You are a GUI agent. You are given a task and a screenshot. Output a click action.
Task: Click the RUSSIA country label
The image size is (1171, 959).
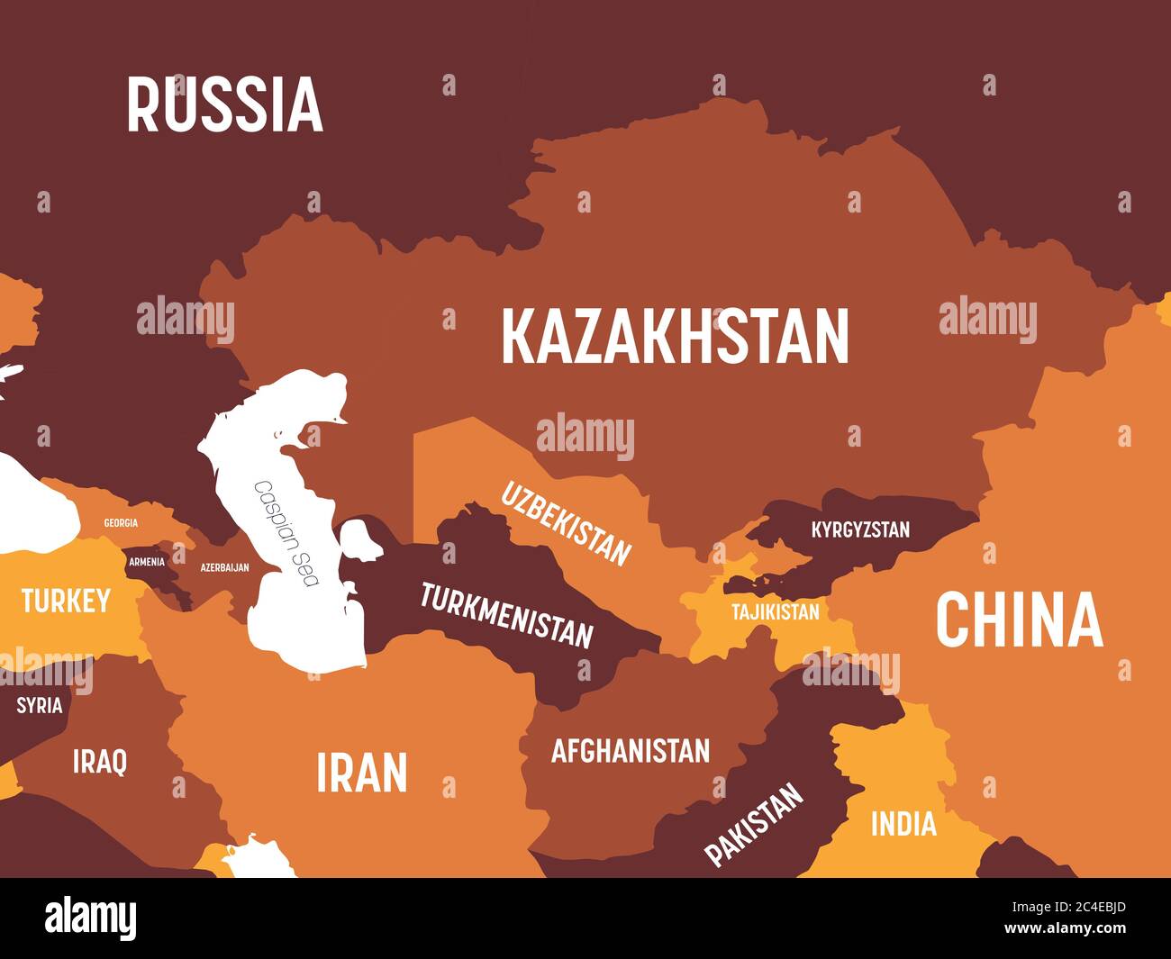pos(224,104)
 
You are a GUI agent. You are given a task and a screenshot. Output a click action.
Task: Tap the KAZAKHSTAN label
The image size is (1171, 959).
pos(675,336)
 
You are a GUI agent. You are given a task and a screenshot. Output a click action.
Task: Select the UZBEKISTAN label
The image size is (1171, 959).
pos(566,523)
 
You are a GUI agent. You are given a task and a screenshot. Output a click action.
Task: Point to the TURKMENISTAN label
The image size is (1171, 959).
pos(507,616)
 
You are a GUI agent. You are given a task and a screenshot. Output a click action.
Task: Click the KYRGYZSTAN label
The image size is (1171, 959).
pos(860,529)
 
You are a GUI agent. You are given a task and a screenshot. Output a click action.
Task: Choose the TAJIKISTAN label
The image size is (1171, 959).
pos(776,612)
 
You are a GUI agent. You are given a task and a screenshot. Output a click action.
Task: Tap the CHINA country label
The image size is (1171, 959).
pos(1019,620)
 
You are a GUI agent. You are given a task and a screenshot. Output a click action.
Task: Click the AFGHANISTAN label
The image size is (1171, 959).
pos(631,750)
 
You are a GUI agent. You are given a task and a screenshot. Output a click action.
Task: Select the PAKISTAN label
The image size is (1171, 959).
pos(754,824)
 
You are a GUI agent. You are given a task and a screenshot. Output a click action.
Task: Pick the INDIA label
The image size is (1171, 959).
pos(903,823)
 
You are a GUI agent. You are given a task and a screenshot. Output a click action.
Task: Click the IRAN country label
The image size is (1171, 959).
pos(362,773)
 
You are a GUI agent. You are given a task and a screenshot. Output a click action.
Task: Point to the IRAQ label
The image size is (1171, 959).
pos(100,761)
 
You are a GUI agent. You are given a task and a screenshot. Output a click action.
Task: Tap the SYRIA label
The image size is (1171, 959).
pos(40,705)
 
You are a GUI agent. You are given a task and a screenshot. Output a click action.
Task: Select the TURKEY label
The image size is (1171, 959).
pos(66,601)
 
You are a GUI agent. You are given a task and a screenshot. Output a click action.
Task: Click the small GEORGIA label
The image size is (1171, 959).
pos(121,523)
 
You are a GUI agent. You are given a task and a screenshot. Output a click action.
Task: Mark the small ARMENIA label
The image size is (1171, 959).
pos(147,562)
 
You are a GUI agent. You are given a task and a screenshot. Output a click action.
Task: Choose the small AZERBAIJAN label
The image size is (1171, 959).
pos(224,567)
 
